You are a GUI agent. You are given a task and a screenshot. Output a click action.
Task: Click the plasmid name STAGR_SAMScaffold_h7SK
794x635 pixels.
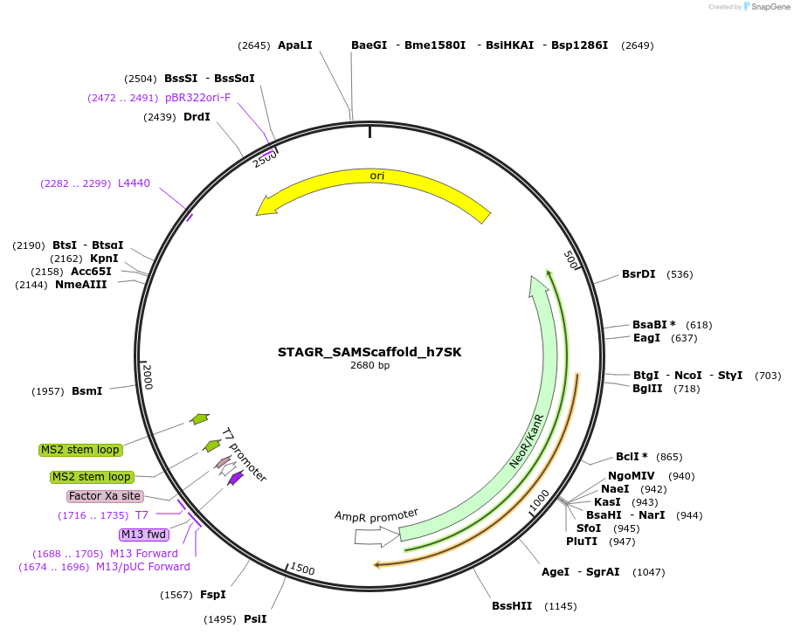point(369,353)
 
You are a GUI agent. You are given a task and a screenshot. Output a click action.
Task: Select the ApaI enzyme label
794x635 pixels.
point(294,45)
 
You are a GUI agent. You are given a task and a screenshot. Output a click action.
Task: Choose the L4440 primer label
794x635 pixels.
point(134,183)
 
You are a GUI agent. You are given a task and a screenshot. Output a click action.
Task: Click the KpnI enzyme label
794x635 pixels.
point(104,259)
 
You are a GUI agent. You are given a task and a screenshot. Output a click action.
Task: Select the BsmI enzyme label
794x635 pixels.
point(86,391)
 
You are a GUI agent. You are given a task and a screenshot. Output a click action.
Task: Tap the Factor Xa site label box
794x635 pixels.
point(104,496)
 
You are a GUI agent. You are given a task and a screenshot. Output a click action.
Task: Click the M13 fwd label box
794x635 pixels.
point(142,535)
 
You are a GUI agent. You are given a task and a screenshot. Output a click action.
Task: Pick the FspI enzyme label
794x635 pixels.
point(212,595)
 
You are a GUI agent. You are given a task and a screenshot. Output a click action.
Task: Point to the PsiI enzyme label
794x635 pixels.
point(255,619)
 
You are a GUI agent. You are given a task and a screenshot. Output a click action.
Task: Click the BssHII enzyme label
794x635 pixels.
point(511,606)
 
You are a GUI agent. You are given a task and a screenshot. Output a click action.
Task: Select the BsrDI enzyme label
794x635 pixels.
point(639,274)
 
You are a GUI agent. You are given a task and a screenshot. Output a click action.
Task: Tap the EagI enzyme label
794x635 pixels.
point(646,338)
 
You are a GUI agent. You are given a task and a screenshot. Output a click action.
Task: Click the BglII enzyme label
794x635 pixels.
point(649,389)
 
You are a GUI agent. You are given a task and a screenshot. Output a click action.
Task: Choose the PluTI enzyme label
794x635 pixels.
point(582,542)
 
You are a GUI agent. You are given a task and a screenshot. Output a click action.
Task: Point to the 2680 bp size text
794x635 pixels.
point(369,366)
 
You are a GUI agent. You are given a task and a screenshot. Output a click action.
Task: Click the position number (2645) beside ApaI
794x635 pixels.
point(253,45)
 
